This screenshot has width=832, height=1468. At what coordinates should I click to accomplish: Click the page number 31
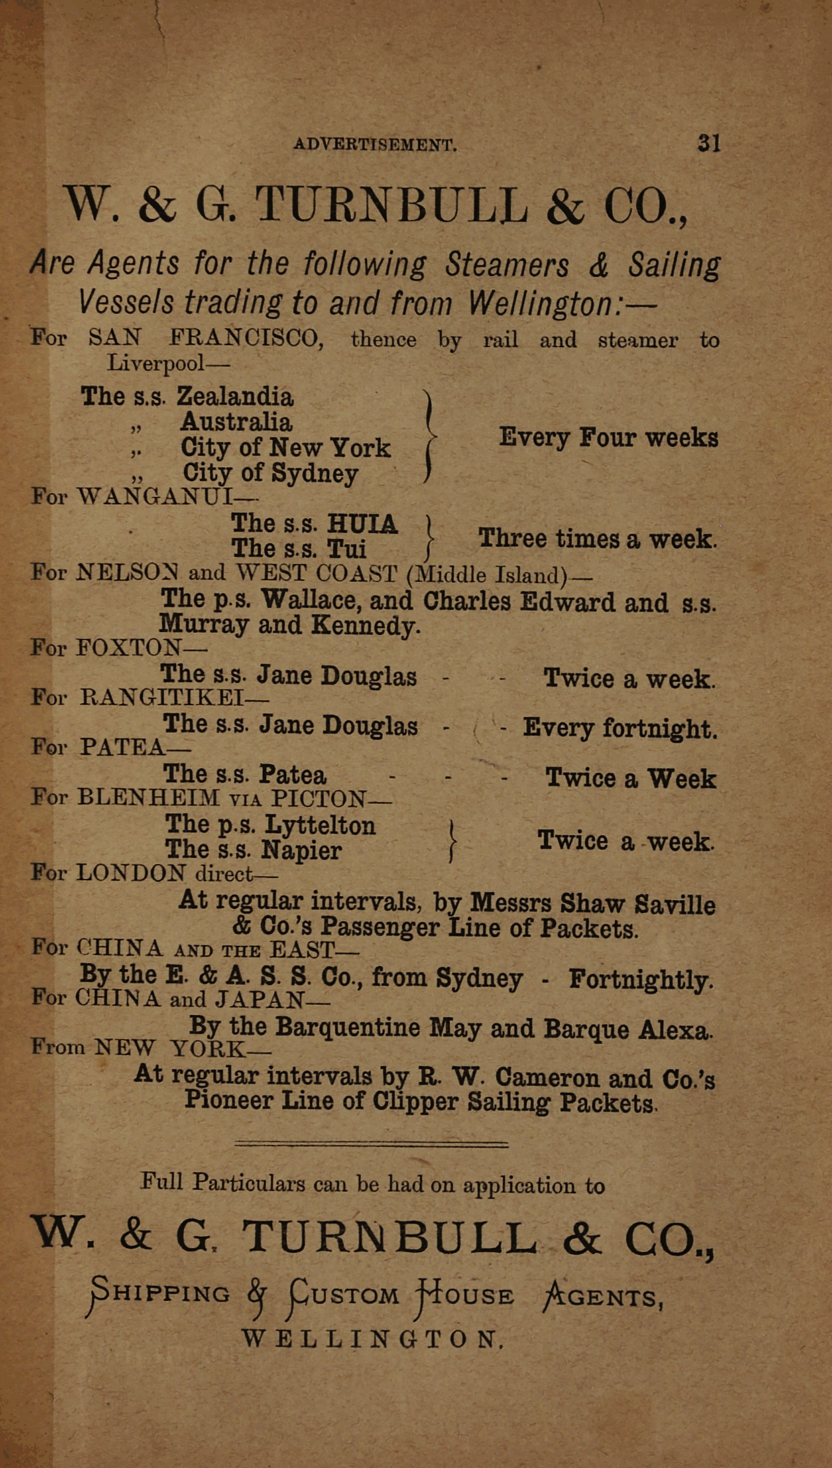(709, 143)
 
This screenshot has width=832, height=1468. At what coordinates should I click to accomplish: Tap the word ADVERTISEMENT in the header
(375, 145)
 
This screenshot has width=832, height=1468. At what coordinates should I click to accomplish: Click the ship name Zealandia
(235, 397)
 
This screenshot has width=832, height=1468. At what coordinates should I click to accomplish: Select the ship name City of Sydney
(270, 473)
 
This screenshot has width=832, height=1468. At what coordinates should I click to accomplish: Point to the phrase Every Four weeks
(608, 438)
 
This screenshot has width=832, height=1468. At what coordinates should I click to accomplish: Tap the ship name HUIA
(362, 524)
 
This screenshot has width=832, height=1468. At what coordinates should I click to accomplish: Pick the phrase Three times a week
(597, 538)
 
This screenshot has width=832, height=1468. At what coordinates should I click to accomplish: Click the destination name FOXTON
(129, 648)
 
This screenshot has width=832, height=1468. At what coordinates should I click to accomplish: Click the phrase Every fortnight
(620, 728)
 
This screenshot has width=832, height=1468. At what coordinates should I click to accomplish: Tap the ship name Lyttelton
(320, 824)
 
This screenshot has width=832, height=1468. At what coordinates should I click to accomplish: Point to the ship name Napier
(301, 850)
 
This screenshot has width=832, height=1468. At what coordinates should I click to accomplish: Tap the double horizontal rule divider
(371, 1143)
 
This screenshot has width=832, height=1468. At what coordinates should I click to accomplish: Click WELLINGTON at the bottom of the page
(371, 1339)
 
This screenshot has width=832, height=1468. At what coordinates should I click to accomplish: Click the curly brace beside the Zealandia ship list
(428, 436)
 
